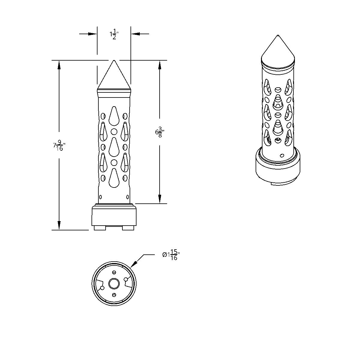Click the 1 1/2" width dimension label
(114, 34)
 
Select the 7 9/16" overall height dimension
(59, 145)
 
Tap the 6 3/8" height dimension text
(160, 132)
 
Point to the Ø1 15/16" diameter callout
(171, 255)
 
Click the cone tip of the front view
(114, 60)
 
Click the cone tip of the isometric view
(278, 35)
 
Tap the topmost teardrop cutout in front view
(114, 116)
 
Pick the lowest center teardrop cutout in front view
(114, 178)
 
